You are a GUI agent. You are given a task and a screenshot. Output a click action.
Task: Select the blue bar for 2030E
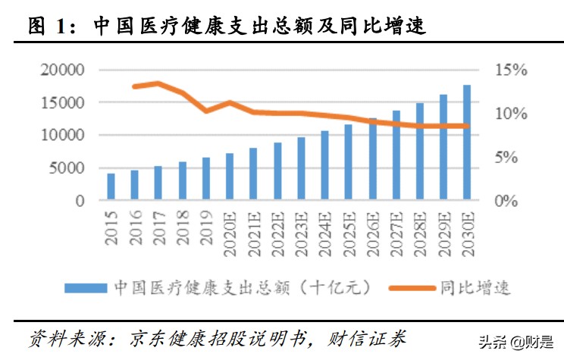click(467, 143)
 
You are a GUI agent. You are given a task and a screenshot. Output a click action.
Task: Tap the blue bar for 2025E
click(348, 163)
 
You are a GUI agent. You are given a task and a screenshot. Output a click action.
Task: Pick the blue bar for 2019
click(205, 180)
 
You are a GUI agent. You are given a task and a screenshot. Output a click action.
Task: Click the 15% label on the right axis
click(511, 70)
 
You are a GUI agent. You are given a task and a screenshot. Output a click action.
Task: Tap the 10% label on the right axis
click(511, 114)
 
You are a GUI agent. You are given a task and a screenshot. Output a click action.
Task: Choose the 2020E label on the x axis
click(230, 230)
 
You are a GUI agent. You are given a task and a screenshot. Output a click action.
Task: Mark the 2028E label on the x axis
click(420, 230)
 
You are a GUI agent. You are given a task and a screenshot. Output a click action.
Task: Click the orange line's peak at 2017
click(158, 83)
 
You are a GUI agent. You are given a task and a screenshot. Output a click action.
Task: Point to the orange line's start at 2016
click(134, 86)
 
